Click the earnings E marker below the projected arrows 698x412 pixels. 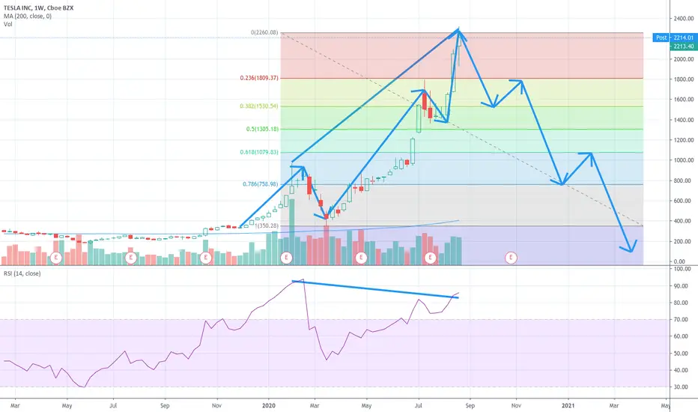[512, 257]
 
